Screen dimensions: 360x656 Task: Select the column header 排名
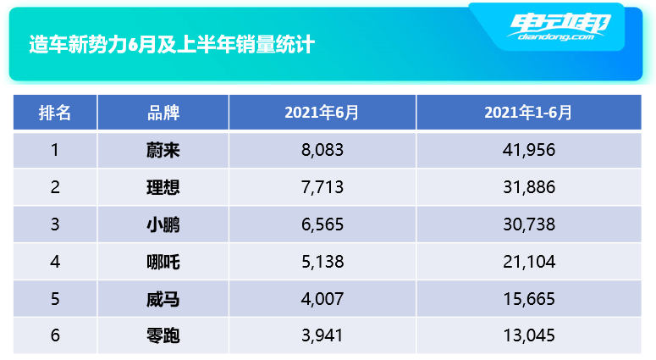(x=55, y=113)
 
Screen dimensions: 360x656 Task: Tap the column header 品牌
(x=163, y=113)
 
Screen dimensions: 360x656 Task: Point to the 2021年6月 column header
(x=322, y=113)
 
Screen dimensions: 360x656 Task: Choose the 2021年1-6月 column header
(x=528, y=113)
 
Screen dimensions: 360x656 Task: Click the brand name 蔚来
(x=163, y=151)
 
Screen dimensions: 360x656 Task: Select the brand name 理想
(x=163, y=187)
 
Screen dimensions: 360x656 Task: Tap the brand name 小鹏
(x=163, y=224)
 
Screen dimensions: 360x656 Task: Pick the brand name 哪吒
(x=163, y=262)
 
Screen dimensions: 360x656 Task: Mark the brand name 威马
(x=163, y=299)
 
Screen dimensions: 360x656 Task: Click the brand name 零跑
(x=163, y=336)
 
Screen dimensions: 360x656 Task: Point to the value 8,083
(x=322, y=151)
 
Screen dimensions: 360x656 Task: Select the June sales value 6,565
(x=322, y=224)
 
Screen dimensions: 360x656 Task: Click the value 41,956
(x=528, y=151)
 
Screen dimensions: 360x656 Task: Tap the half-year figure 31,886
(x=528, y=187)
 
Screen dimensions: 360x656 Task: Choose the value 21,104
(x=528, y=262)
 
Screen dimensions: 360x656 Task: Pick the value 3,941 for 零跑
(x=322, y=336)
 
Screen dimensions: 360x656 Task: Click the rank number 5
(x=55, y=299)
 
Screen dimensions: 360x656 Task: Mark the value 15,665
(x=528, y=299)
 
